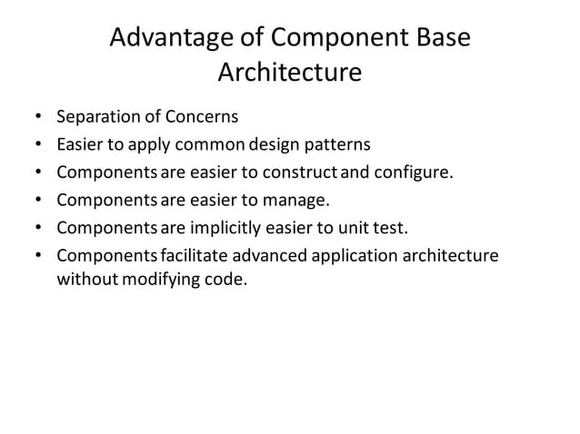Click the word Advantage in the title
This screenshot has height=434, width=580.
click(x=165, y=40)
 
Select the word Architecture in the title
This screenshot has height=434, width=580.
click(x=289, y=72)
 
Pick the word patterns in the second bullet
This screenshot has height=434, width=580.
click(x=337, y=143)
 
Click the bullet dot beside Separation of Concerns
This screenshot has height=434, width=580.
click(x=38, y=118)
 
